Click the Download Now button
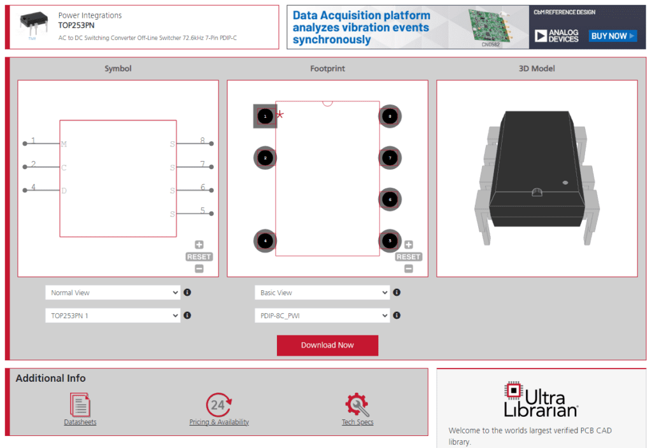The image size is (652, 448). tap(327, 346)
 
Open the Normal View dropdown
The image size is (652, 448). tap(113, 293)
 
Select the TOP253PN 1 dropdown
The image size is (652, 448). tap(113, 315)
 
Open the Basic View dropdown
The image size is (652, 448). tap(322, 293)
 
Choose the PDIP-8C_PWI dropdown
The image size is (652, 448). tap(322, 315)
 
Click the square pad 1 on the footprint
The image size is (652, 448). tap(265, 116)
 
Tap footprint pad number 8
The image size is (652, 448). tap(390, 116)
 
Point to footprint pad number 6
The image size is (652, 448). tap(390, 200)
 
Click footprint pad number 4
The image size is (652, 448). tap(265, 241)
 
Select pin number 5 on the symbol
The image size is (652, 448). tap(202, 211)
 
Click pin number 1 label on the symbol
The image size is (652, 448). tap(33, 141)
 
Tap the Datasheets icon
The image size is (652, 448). tap(80, 405)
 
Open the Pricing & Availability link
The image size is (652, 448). tap(219, 422)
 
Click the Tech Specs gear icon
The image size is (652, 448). tap(357, 405)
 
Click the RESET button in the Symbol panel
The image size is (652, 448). tap(199, 256)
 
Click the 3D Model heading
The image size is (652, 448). tap(537, 69)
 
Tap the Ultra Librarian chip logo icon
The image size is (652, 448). tap(513, 390)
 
